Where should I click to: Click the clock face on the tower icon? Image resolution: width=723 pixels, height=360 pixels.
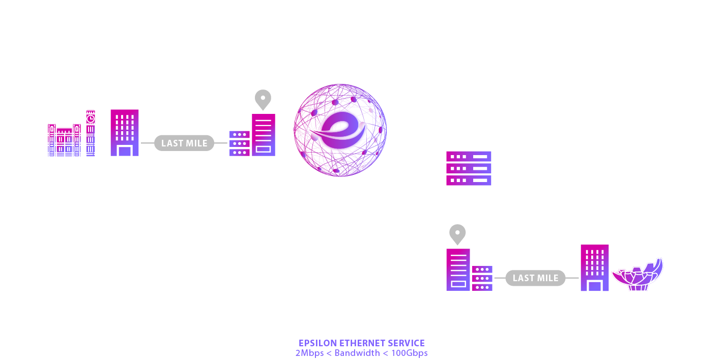(x=91, y=118)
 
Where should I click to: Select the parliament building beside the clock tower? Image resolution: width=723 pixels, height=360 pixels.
(x=64, y=140)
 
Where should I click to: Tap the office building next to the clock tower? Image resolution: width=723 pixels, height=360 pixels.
(x=125, y=133)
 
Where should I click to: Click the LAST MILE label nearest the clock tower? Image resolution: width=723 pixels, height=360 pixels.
(x=184, y=143)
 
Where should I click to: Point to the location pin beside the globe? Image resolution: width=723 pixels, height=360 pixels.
(x=263, y=99)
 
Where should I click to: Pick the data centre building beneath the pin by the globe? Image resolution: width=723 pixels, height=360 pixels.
(x=264, y=135)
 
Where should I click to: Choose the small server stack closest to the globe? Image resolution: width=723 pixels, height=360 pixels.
(x=239, y=143)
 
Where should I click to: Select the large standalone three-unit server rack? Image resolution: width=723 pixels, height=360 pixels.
(x=469, y=168)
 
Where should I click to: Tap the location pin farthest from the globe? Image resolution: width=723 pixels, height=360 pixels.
(x=457, y=234)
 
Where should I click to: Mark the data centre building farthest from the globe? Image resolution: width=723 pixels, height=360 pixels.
(x=458, y=269)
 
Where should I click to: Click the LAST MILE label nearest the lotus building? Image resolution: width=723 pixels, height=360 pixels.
(x=535, y=278)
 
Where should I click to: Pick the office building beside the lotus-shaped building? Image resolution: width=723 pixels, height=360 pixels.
(x=594, y=268)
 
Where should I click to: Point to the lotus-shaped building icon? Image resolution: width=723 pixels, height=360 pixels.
(x=638, y=275)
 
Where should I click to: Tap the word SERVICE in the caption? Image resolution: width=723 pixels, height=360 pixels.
(x=407, y=343)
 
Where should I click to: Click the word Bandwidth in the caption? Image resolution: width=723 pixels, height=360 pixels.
(x=357, y=353)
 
